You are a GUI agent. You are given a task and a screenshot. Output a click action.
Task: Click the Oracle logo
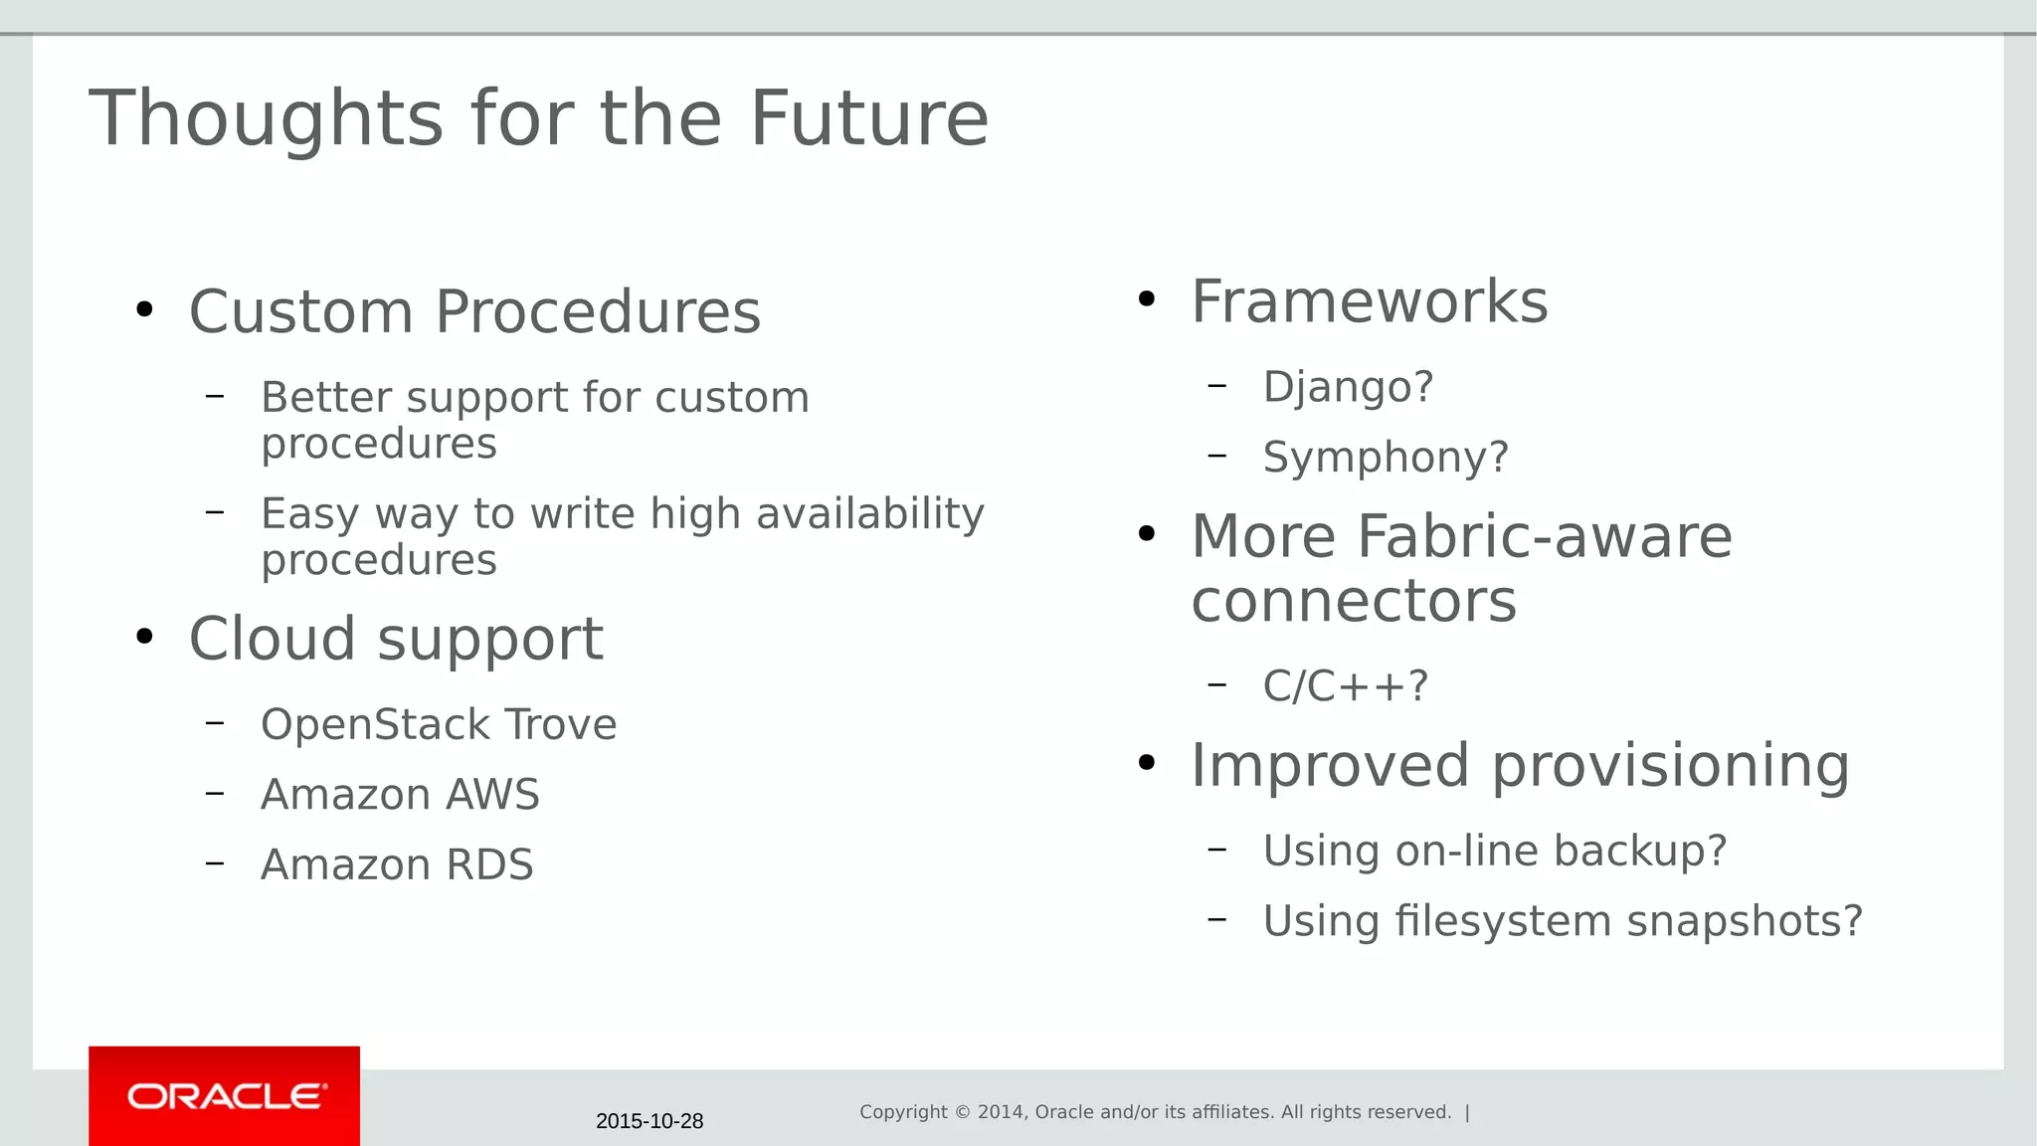pos(225,1096)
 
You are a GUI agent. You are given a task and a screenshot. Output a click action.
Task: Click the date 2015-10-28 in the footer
pos(649,1121)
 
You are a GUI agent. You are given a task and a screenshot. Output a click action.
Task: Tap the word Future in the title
pos(868,118)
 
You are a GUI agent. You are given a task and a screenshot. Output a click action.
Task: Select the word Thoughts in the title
pos(266,118)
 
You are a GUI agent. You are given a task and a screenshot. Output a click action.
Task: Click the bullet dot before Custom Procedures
pos(144,309)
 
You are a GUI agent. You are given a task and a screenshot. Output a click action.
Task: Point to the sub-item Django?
pos(1348,386)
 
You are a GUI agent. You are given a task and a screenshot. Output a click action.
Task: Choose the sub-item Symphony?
pos(1386,457)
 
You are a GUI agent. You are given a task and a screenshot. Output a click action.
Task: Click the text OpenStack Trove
pos(439,724)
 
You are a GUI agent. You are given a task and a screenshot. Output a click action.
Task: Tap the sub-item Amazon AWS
pos(400,794)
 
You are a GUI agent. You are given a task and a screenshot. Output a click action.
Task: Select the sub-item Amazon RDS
pos(397,864)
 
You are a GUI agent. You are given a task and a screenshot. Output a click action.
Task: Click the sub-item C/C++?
pos(1345,685)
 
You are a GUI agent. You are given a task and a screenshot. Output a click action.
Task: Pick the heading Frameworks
pos(1370,301)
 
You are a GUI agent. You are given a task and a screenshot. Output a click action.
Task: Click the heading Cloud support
pos(396,638)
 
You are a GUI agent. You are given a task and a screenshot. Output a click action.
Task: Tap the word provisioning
pos(1670,765)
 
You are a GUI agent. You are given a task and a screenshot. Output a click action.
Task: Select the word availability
pos(869,514)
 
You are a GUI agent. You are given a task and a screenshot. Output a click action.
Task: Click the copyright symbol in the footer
pos(962,1112)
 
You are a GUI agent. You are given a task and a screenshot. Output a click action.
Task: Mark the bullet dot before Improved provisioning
pos(1146,763)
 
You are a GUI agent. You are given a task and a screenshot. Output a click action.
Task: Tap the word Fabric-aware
pos(1544,537)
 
